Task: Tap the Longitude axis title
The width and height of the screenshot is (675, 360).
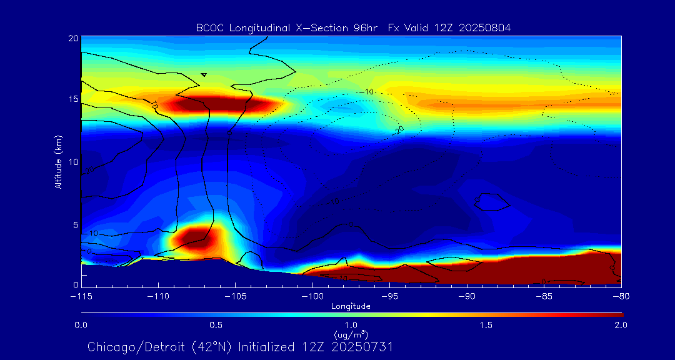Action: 351,306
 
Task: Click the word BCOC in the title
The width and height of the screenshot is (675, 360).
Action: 208,27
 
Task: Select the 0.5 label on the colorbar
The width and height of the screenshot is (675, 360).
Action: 216,325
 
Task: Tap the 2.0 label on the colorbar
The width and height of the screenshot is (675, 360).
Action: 620,325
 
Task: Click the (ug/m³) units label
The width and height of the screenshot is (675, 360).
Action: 351,335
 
